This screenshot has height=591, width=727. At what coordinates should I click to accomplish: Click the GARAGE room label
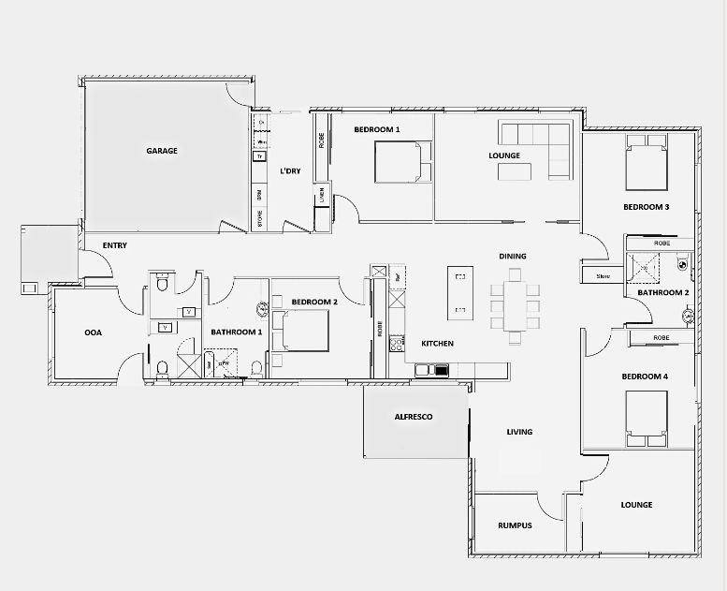161,150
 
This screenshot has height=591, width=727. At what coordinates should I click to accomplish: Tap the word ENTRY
115,245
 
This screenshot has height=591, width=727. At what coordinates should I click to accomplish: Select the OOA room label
93,332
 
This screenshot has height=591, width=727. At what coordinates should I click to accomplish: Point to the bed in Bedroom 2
302,331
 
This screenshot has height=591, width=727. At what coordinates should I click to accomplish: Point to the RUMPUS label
515,525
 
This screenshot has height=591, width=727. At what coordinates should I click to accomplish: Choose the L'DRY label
291,171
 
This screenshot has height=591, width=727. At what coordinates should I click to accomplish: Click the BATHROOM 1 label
236,332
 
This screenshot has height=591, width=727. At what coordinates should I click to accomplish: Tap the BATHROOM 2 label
663,292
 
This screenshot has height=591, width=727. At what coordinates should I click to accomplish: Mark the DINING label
513,256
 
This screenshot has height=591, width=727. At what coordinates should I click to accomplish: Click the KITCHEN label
437,344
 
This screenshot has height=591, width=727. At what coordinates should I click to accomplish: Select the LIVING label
519,432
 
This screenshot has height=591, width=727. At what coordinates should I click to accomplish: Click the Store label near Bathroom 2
603,276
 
